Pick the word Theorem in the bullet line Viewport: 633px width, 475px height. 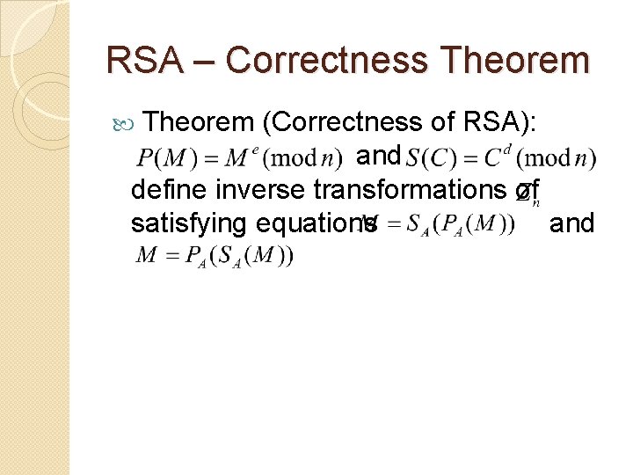pyautogui.click(x=196, y=122)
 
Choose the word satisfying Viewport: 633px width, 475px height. pyautogui.click(x=188, y=223)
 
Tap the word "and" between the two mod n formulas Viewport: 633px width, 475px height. pyautogui.click(x=379, y=156)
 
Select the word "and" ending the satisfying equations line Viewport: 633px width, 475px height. pyautogui.click(x=571, y=223)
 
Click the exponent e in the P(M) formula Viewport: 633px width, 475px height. pyautogui.click(x=256, y=149)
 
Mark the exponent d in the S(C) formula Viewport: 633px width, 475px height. pyautogui.click(x=506, y=149)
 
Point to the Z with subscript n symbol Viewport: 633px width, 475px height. pyautogui.click(x=527, y=194)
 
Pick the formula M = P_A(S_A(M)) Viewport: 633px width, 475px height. pyautogui.click(x=215, y=257)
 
